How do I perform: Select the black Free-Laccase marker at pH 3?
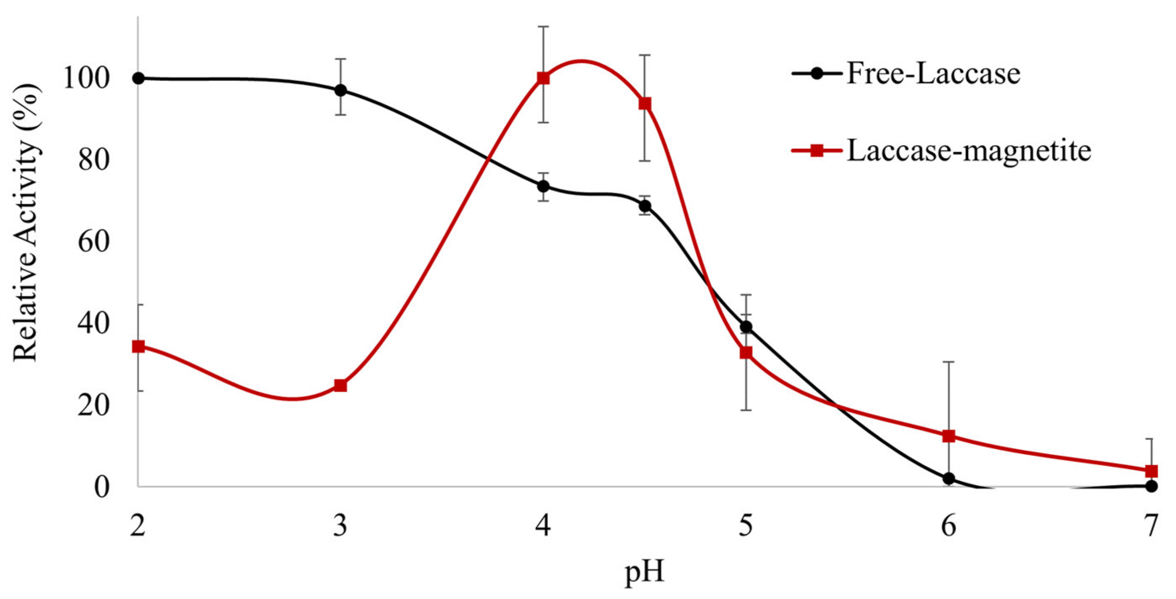click(340, 90)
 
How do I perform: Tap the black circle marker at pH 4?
click(543, 186)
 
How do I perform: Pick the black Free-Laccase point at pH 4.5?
click(645, 206)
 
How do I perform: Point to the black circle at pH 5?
click(746, 327)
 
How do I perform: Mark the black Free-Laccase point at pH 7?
click(1151, 486)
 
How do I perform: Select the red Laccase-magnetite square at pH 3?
click(340, 386)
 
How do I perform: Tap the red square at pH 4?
click(543, 78)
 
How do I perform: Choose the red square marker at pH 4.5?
click(645, 104)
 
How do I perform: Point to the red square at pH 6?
click(949, 436)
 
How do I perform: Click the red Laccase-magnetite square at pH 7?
click(1151, 471)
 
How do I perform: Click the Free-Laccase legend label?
click(933, 74)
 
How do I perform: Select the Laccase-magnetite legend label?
click(969, 151)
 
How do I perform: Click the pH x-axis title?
click(644, 573)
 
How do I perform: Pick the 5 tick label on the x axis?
click(746, 526)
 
